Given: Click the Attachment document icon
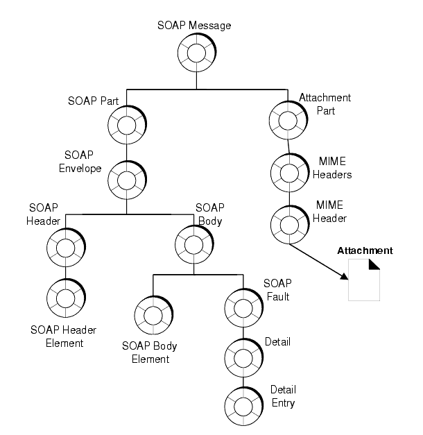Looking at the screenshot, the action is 364,280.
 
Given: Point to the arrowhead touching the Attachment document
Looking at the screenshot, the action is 344,277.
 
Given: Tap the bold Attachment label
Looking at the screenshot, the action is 365,250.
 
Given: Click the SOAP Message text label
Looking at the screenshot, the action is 194,25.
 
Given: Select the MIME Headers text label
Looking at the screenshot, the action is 332,168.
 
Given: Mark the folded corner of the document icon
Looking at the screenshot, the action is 374,264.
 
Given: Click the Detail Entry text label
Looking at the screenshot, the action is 283,396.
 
